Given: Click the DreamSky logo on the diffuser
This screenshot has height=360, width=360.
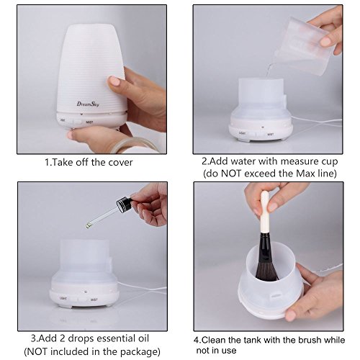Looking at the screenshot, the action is coord(88,104).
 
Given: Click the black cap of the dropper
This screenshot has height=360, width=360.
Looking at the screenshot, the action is coord(124,204).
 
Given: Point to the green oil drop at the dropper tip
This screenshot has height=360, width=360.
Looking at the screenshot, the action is coord(89,225).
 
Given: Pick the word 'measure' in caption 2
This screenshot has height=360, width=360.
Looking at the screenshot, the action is coord(299,161).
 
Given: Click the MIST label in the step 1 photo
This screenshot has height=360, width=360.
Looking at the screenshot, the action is coord(89,122).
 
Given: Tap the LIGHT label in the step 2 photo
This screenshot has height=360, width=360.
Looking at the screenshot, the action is coord(242,132).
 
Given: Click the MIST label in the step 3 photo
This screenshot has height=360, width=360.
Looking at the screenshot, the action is coord(94,300).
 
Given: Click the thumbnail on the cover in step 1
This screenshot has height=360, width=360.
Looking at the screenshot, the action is coord(114,81).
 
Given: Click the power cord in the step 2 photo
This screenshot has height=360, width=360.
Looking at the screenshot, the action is coord(317,121).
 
